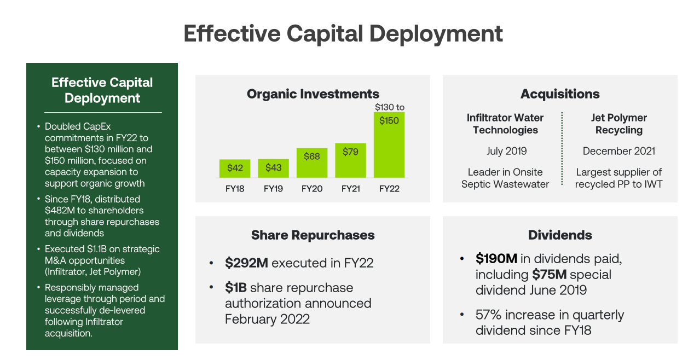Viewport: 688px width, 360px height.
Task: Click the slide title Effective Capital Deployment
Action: tap(343, 33)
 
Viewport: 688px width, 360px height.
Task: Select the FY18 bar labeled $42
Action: tap(235, 169)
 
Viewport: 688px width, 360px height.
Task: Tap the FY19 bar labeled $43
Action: tap(273, 169)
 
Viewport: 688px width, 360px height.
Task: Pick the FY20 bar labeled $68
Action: tap(312, 162)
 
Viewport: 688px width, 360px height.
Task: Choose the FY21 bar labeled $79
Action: tap(350, 160)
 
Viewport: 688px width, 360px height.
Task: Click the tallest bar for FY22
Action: tap(389, 145)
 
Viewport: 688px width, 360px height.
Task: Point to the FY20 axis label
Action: tap(312, 189)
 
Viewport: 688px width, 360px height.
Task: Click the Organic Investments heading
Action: tap(313, 94)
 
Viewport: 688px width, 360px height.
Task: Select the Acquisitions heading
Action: tap(560, 94)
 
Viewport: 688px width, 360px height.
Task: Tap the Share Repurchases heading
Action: tap(313, 235)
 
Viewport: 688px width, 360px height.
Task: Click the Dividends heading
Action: tap(560, 235)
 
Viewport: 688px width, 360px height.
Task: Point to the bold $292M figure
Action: tap(246, 263)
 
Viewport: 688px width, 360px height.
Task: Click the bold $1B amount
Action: tap(236, 288)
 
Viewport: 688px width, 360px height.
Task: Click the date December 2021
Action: tap(618, 151)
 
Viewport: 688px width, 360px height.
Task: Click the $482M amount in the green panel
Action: tap(57, 211)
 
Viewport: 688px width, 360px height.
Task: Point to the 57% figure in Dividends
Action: tap(487, 315)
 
